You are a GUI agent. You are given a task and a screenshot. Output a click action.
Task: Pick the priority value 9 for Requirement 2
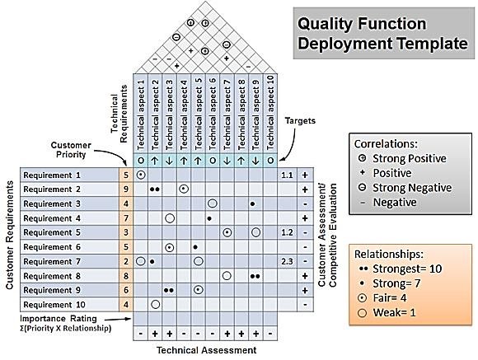[126, 189]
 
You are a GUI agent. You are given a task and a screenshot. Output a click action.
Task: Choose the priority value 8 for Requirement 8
[126, 275]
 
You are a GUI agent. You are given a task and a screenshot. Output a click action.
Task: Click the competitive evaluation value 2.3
[287, 261]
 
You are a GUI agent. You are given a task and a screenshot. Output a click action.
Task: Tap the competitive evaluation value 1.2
[287, 232]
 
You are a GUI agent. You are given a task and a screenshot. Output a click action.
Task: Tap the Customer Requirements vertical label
[10, 239]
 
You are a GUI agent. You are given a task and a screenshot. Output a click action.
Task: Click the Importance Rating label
[63, 318]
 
